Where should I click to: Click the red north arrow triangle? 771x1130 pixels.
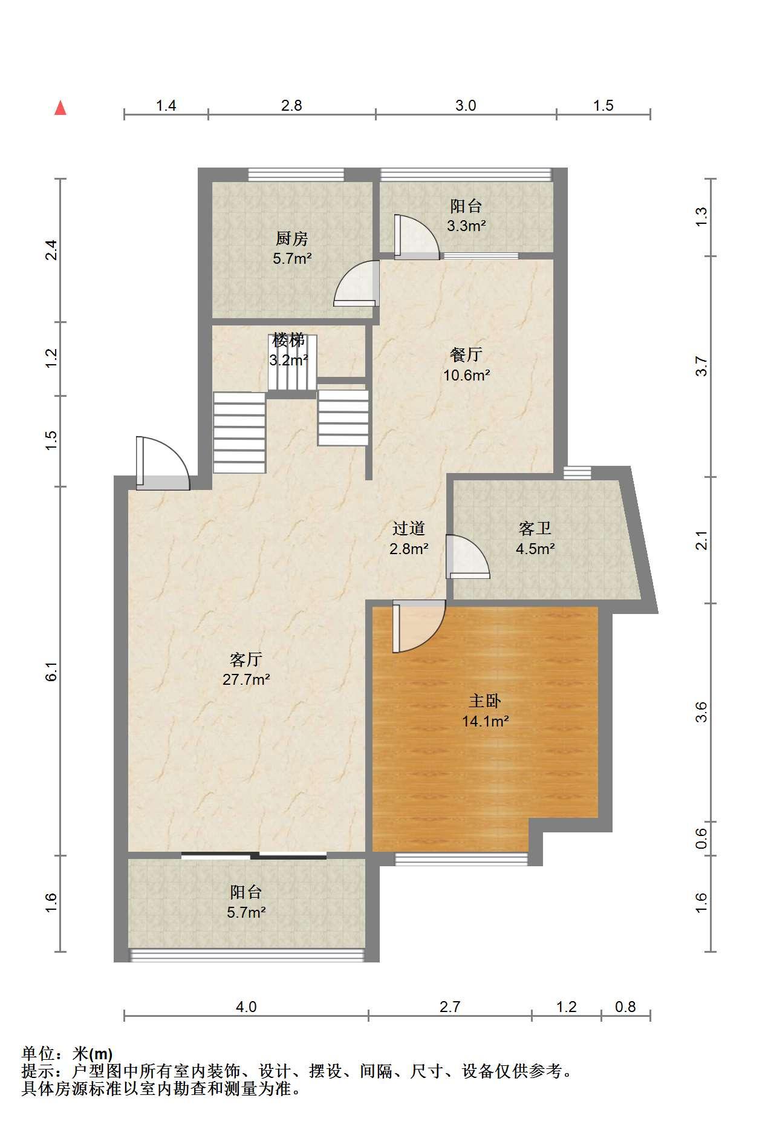(60, 108)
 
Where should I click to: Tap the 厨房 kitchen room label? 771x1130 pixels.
(292, 238)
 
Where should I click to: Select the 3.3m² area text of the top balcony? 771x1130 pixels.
(466, 226)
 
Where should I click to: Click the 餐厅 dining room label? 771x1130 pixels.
(466, 354)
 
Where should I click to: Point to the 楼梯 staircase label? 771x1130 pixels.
(288, 340)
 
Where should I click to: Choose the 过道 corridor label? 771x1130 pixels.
(409, 528)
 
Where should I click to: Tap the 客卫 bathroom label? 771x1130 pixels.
(535, 528)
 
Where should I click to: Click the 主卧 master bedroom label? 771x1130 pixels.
(485, 701)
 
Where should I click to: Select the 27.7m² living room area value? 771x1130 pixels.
(246, 679)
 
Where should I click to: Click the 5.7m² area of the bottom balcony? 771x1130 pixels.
(246, 912)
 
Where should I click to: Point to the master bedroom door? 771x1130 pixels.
(419, 626)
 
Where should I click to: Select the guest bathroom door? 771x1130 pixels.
(467, 557)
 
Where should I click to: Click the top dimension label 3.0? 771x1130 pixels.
(466, 105)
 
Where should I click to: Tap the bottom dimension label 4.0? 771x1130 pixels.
(246, 1007)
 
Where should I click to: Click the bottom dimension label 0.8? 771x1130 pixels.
(625, 1007)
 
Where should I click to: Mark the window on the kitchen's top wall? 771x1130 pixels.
(296, 175)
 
